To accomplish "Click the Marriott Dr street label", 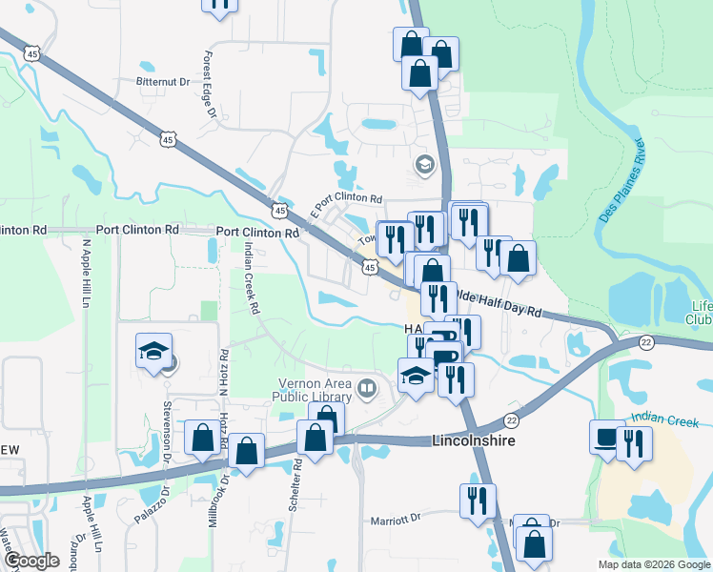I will [395, 520].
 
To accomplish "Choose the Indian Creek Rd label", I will [252, 277].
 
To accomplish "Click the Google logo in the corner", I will [31, 560].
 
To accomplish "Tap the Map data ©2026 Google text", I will [653, 564].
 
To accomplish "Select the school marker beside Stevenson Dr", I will [153, 352].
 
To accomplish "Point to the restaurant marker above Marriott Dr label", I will [478, 500].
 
